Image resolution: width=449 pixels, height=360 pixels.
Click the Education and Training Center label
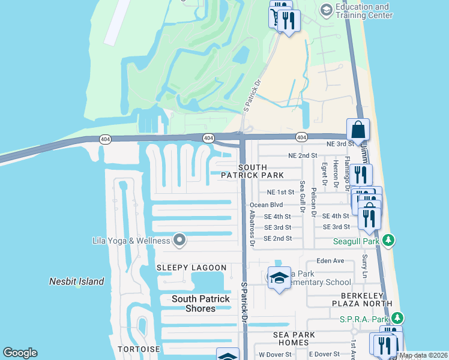click(x=363, y=11)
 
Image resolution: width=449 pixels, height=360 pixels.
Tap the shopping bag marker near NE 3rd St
click(x=358, y=130)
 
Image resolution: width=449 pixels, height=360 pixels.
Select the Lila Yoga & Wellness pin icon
click(x=179, y=241)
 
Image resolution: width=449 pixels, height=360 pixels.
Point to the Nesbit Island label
click(x=76, y=281)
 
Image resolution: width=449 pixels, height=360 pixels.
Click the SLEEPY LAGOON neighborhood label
click(x=191, y=268)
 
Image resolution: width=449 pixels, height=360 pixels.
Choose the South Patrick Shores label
click(x=200, y=304)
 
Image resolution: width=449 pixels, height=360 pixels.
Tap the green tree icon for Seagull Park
click(x=388, y=241)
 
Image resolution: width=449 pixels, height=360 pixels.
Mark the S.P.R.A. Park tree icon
click(x=397, y=317)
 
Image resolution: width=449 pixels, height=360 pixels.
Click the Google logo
click(x=20, y=353)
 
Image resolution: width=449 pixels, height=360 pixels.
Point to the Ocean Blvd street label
click(x=266, y=205)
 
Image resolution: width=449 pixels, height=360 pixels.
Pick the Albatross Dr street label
click(x=252, y=229)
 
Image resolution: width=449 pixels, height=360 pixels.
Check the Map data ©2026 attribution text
click(x=423, y=355)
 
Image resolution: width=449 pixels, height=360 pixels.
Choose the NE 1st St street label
click(x=280, y=193)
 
